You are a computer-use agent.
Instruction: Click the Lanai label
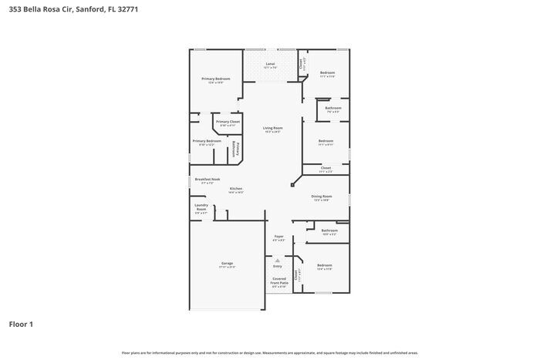pos(270,64)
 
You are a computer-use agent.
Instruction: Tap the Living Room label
pos(272,128)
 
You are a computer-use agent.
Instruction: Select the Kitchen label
pos(236,189)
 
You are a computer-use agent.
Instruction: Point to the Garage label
pos(228,263)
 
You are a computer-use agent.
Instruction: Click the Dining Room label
pos(321,197)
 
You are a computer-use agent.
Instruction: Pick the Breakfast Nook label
pos(207,179)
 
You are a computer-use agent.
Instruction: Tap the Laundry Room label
pos(201,207)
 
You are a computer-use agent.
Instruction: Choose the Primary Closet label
pos(228,122)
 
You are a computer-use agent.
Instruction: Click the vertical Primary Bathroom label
pos(238,150)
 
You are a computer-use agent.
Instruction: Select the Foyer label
pos(278,237)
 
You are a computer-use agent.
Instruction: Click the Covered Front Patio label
pos(278,283)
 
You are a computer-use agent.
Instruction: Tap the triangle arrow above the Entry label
pos(278,260)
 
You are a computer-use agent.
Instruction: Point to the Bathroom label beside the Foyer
pos(329,230)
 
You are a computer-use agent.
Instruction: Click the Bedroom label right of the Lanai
pos(327,72)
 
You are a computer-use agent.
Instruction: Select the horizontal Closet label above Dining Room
pos(326,167)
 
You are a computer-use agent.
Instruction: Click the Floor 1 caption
pos(21,325)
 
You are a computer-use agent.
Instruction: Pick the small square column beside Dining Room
pos(293,185)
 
